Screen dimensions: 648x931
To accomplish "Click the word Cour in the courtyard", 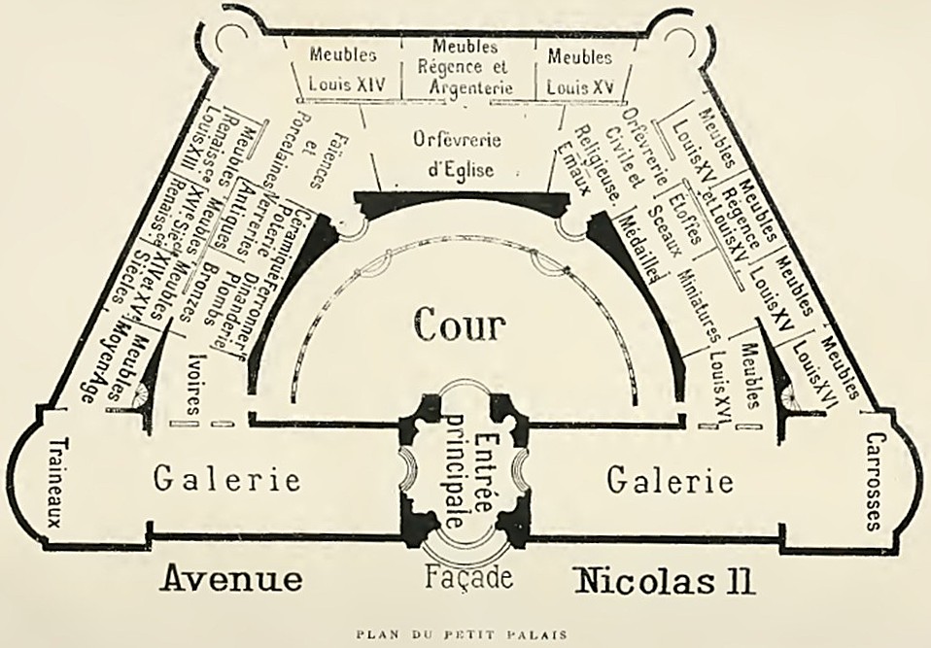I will [x=461, y=325].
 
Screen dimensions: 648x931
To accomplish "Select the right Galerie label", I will [x=670, y=479].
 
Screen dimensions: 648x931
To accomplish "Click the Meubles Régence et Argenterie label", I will [x=470, y=66].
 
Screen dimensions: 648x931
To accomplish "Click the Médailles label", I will [x=642, y=249].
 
